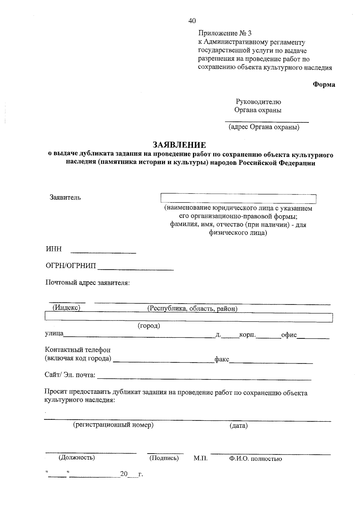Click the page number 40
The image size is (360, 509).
(x=192, y=21)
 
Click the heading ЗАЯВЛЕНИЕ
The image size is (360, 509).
(x=179, y=145)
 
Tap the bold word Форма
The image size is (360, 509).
(x=324, y=85)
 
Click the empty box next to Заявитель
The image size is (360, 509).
(x=238, y=199)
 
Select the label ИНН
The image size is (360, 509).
(x=54, y=249)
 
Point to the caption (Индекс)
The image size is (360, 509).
(x=67, y=308)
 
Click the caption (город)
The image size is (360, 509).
(x=149, y=326)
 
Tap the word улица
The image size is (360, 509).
(x=54, y=334)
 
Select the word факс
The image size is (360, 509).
(x=222, y=359)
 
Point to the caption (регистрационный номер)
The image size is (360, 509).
(x=113, y=425)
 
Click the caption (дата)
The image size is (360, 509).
(x=238, y=426)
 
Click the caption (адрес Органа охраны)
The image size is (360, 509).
(x=264, y=127)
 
